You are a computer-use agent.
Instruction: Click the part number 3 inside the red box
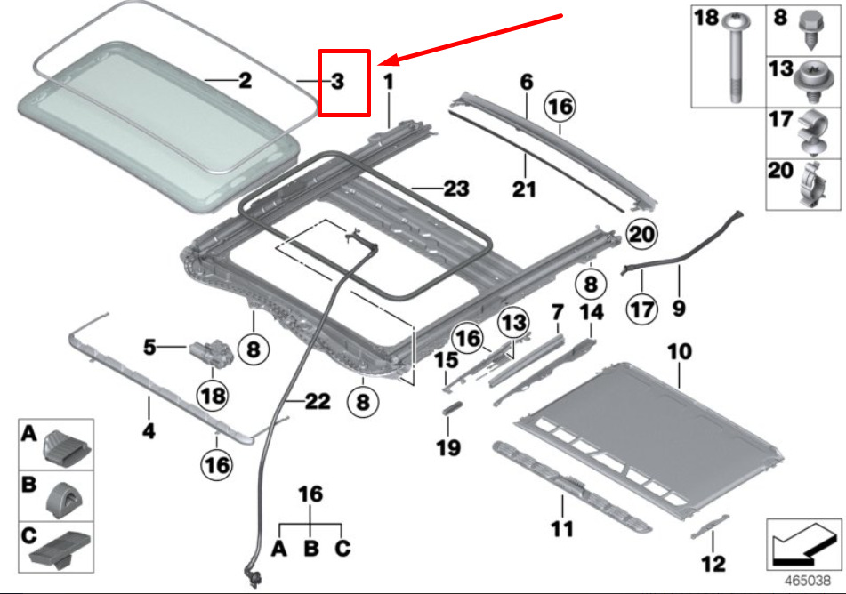pyautogui.click(x=337, y=82)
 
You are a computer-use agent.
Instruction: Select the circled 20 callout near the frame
pyautogui.click(x=641, y=235)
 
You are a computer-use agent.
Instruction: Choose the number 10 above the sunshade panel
pyautogui.click(x=679, y=352)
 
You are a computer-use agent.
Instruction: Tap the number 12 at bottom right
pyautogui.click(x=713, y=563)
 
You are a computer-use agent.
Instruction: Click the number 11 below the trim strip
pyautogui.click(x=561, y=530)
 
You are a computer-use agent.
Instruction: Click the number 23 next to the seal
pyautogui.click(x=455, y=189)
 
